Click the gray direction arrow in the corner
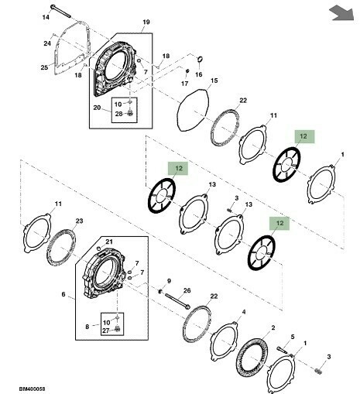[x=342, y=14]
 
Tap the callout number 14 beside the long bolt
[x=46, y=17]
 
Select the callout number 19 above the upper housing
[x=146, y=22]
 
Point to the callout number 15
[x=214, y=81]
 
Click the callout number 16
[x=198, y=74]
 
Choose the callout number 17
[x=184, y=84]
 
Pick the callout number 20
[x=97, y=108]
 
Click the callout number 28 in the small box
[x=118, y=114]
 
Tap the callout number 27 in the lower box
[x=106, y=331]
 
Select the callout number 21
[x=109, y=242]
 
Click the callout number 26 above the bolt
[x=187, y=290]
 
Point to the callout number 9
[x=169, y=281]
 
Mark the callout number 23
[x=79, y=221]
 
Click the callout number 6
[x=63, y=294]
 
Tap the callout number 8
[x=87, y=327]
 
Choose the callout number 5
[x=293, y=337]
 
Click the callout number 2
[x=273, y=327]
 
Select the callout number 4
[x=244, y=312]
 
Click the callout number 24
[x=47, y=43]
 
